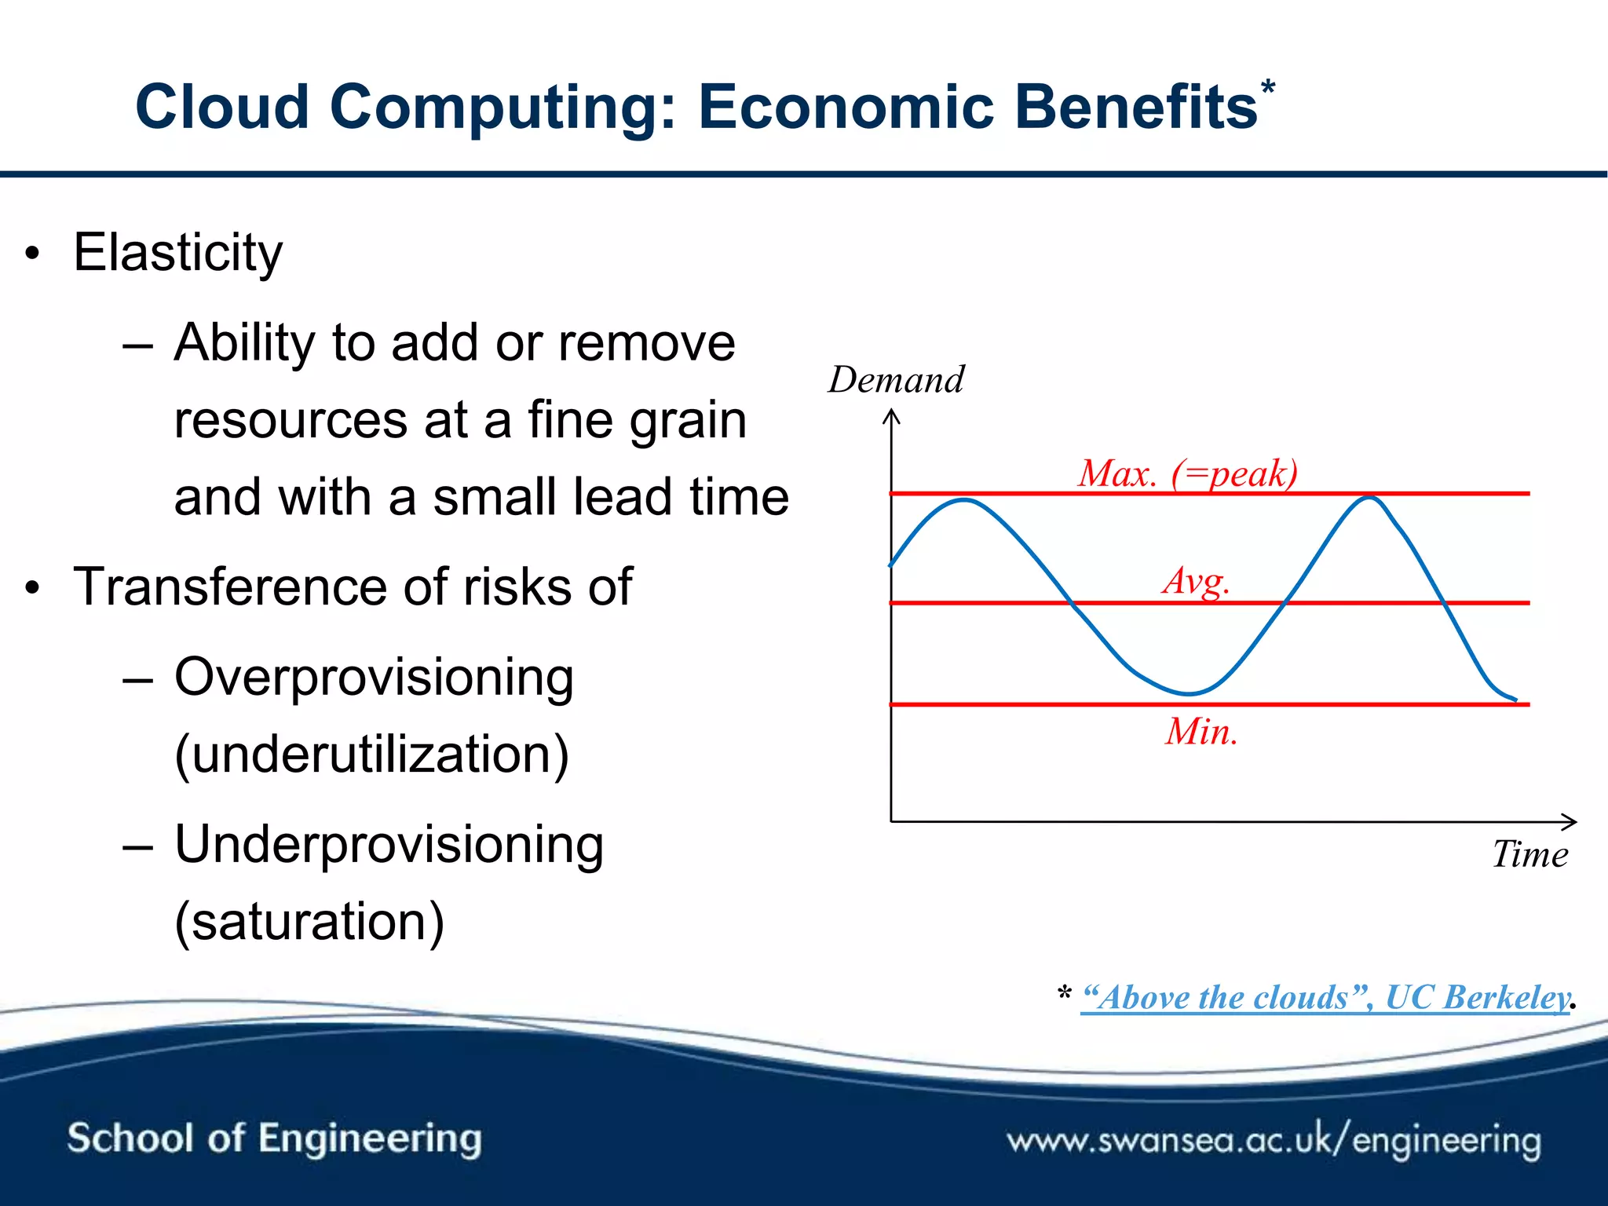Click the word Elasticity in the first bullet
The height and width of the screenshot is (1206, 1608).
(178, 253)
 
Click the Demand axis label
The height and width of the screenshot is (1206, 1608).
(896, 380)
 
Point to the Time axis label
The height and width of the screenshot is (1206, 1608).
(1529, 854)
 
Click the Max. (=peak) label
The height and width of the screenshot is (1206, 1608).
(1187, 473)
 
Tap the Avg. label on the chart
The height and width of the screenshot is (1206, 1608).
(1196, 582)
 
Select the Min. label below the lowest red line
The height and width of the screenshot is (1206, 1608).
(1201, 732)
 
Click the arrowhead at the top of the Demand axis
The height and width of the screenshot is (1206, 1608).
(891, 415)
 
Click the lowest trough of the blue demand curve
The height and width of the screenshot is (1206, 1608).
(1189, 693)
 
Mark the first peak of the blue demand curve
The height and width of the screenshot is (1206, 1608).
(964, 500)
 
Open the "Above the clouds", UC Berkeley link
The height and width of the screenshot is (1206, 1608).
(1325, 998)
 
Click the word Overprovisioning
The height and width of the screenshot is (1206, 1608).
(374, 677)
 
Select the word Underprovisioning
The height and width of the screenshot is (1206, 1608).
(389, 845)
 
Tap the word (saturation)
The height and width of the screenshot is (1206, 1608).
(309, 922)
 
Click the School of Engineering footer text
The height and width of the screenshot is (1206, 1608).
(274, 1138)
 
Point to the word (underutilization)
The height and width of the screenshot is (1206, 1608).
(371, 755)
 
